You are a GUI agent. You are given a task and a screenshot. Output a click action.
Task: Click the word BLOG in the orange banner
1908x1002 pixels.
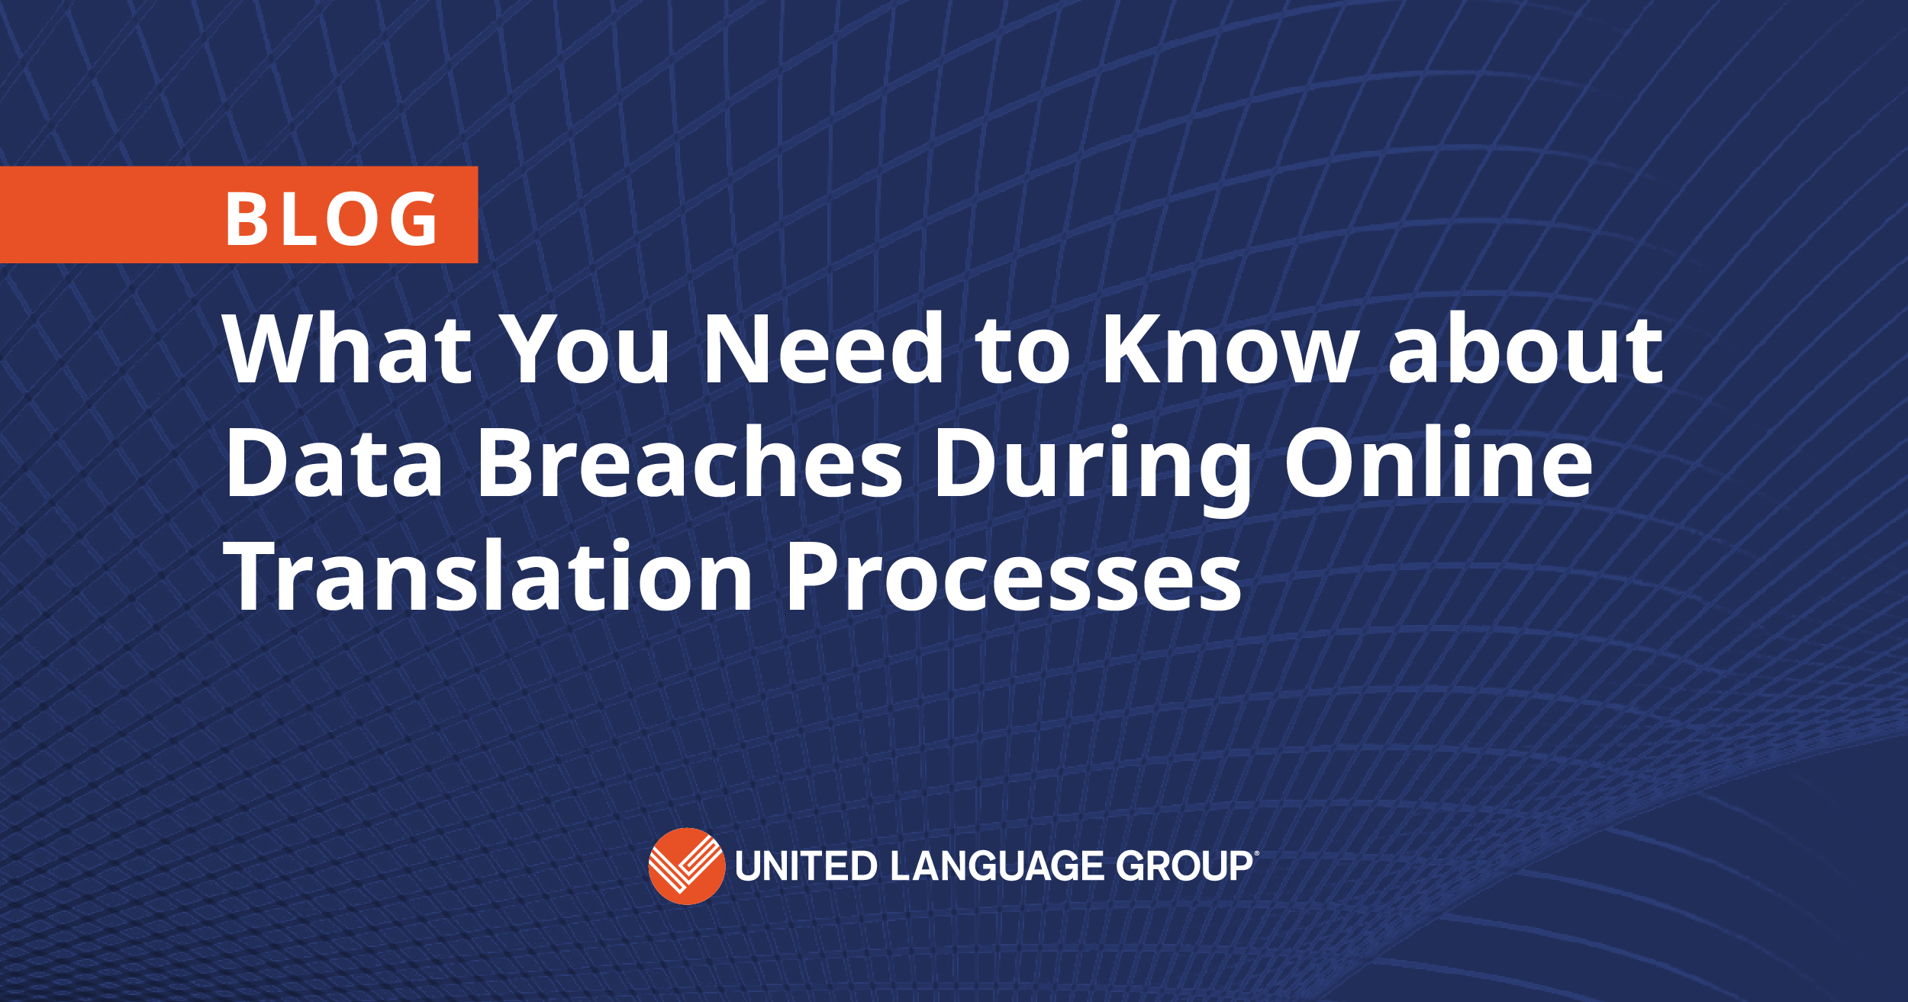332,219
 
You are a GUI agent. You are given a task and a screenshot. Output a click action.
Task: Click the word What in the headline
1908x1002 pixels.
348,349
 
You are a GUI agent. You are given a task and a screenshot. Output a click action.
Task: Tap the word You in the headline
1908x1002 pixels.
587,349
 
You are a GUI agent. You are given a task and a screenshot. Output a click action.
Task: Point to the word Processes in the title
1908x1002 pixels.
1014,576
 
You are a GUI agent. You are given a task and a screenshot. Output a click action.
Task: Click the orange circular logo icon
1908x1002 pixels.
686,866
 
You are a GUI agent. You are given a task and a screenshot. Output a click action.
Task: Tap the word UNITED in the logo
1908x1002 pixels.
806,866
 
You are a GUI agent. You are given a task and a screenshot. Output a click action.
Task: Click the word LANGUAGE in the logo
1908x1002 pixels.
997,866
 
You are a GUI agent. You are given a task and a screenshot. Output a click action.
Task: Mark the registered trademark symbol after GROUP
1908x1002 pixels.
1255,854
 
